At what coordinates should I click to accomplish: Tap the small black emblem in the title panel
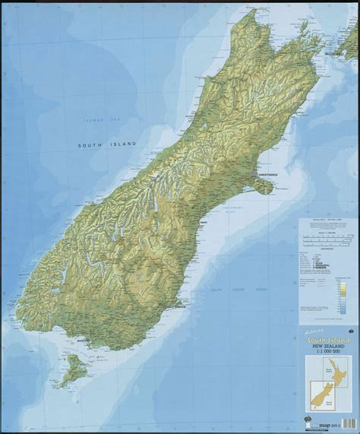tap(352, 331)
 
